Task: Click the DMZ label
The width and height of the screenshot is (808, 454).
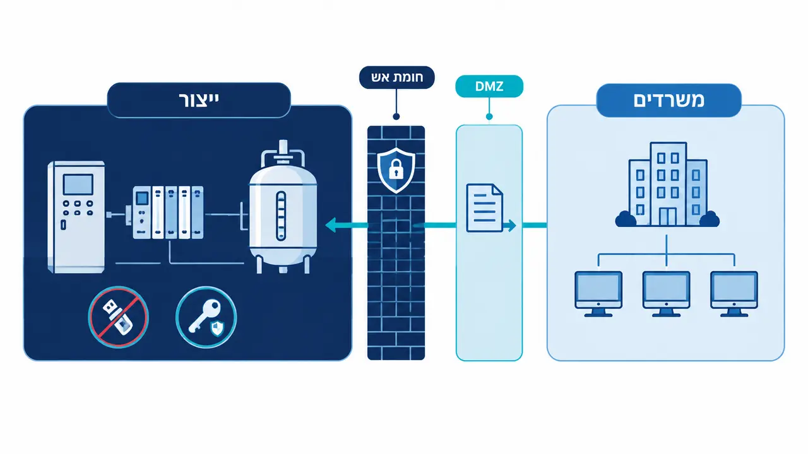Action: (489, 86)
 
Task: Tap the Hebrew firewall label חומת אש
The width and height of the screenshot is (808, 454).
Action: (397, 78)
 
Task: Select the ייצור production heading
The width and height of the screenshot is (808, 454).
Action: (199, 100)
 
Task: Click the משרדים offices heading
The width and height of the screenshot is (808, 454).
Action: (668, 100)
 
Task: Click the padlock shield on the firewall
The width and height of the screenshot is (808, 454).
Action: (396, 170)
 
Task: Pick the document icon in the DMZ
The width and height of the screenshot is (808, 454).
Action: (484, 208)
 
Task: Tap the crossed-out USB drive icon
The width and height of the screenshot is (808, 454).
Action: (118, 317)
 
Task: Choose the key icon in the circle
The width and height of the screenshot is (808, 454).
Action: (206, 317)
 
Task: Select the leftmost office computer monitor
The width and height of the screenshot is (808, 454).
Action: (598, 294)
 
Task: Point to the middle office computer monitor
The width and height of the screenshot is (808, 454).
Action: (666, 294)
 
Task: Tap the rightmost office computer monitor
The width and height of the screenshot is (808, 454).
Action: (734, 294)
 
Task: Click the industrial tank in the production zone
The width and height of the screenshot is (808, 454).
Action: (283, 207)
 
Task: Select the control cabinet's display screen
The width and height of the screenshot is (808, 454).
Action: (78, 185)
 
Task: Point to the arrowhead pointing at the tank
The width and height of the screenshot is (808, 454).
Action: (331, 225)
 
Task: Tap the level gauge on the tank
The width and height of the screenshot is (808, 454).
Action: (281, 216)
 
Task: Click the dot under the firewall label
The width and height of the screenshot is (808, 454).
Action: (396, 117)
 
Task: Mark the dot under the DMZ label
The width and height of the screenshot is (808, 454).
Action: (489, 117)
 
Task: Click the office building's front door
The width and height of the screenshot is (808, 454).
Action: (668, 217)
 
